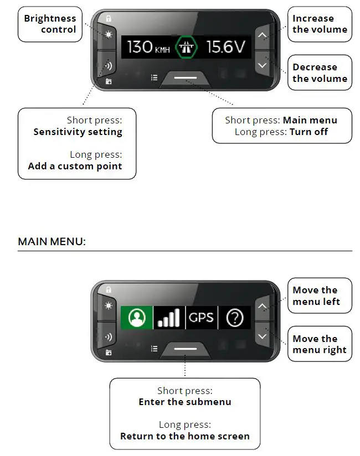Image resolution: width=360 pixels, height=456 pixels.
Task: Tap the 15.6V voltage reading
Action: tap(225, 47)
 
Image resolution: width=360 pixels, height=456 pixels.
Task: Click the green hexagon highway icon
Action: tap(186, 47)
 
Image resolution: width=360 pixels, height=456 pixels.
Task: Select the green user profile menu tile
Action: tap(136, 318)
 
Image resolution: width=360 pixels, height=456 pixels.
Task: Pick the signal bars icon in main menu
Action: tap(168, 318)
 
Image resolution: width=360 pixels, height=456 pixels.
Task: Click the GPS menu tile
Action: tap(201, 318)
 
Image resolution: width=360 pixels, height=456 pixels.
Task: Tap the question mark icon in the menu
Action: tap(235, 318)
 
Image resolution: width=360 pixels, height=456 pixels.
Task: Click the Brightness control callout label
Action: tap(50, 24)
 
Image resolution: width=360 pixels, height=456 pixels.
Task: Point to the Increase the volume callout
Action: tap(320, 24)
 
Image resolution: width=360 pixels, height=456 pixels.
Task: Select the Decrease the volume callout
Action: tap(320, 72)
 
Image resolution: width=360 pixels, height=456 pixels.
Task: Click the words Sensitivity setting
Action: tap(78, 132)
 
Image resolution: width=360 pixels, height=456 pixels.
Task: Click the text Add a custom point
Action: tap(75, 166)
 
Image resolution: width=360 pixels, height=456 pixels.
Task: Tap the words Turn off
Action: tap(308, 132)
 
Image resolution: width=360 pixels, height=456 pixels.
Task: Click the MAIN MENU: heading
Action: tap(52, 242)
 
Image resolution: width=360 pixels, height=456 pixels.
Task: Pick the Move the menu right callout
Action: tap(320, 344)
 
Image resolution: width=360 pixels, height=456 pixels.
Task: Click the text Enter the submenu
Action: tap(184, 402)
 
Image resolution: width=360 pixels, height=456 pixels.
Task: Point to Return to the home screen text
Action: tap(184, 436)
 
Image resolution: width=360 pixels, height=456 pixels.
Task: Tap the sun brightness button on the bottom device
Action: tap(108, 305)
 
